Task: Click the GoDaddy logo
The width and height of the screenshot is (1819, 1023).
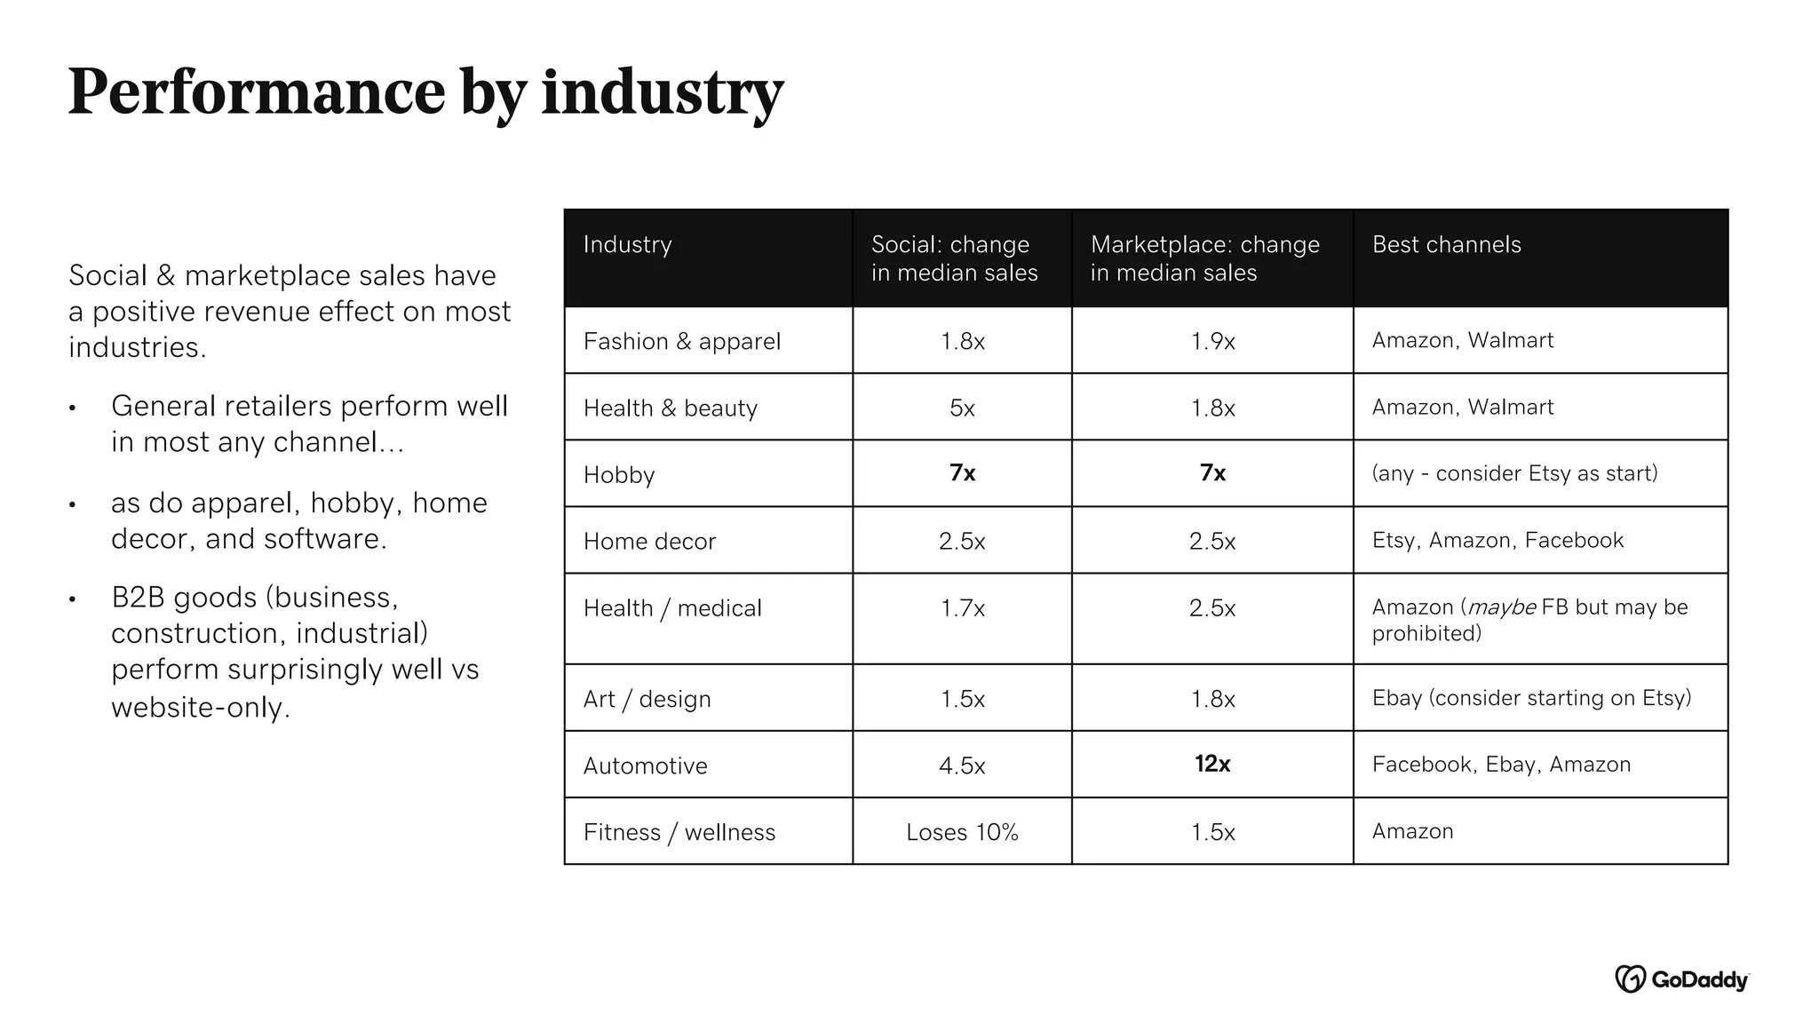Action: [x=1680, y=979]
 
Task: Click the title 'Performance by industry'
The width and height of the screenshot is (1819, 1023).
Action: [x=425, y=93]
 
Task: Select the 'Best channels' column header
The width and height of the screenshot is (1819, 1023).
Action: [x=1446, y=245]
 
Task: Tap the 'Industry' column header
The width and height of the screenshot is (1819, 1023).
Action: [x=627, y=245]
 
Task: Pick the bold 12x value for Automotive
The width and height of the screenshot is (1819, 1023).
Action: [x=1211, y=764]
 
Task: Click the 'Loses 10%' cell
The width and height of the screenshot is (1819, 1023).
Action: [x=962, y=832]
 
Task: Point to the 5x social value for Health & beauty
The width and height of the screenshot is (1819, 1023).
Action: [x=962, y=408]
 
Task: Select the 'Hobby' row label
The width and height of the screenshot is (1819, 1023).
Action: [x=618, y=475]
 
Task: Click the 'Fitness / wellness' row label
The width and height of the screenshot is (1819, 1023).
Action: [x=679, y=832]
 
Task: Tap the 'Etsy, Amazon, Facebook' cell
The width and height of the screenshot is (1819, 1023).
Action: [x=1497, y=541]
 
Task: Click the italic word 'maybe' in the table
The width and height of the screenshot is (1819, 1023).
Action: [x=1501, y=607]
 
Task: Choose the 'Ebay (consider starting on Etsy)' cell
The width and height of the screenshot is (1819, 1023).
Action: [x=1531, y=698]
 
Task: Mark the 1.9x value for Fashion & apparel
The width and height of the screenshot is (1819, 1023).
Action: [x=1211, y=342]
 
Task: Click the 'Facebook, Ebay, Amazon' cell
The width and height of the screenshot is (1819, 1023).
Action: [x=1501, y=765]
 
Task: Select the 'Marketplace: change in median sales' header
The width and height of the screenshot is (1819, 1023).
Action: [x=1204, y=258]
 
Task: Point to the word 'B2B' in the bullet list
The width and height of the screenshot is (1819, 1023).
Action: [x=138, y=598]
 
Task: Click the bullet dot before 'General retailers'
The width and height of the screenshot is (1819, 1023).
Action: [x=73, y=408]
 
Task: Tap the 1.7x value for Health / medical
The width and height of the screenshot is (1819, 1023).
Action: [x=962, y=608]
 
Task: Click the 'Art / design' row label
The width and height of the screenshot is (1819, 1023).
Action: [x=647, y=700]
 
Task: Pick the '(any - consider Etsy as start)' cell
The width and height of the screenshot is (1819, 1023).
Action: [x=1514, y=473]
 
